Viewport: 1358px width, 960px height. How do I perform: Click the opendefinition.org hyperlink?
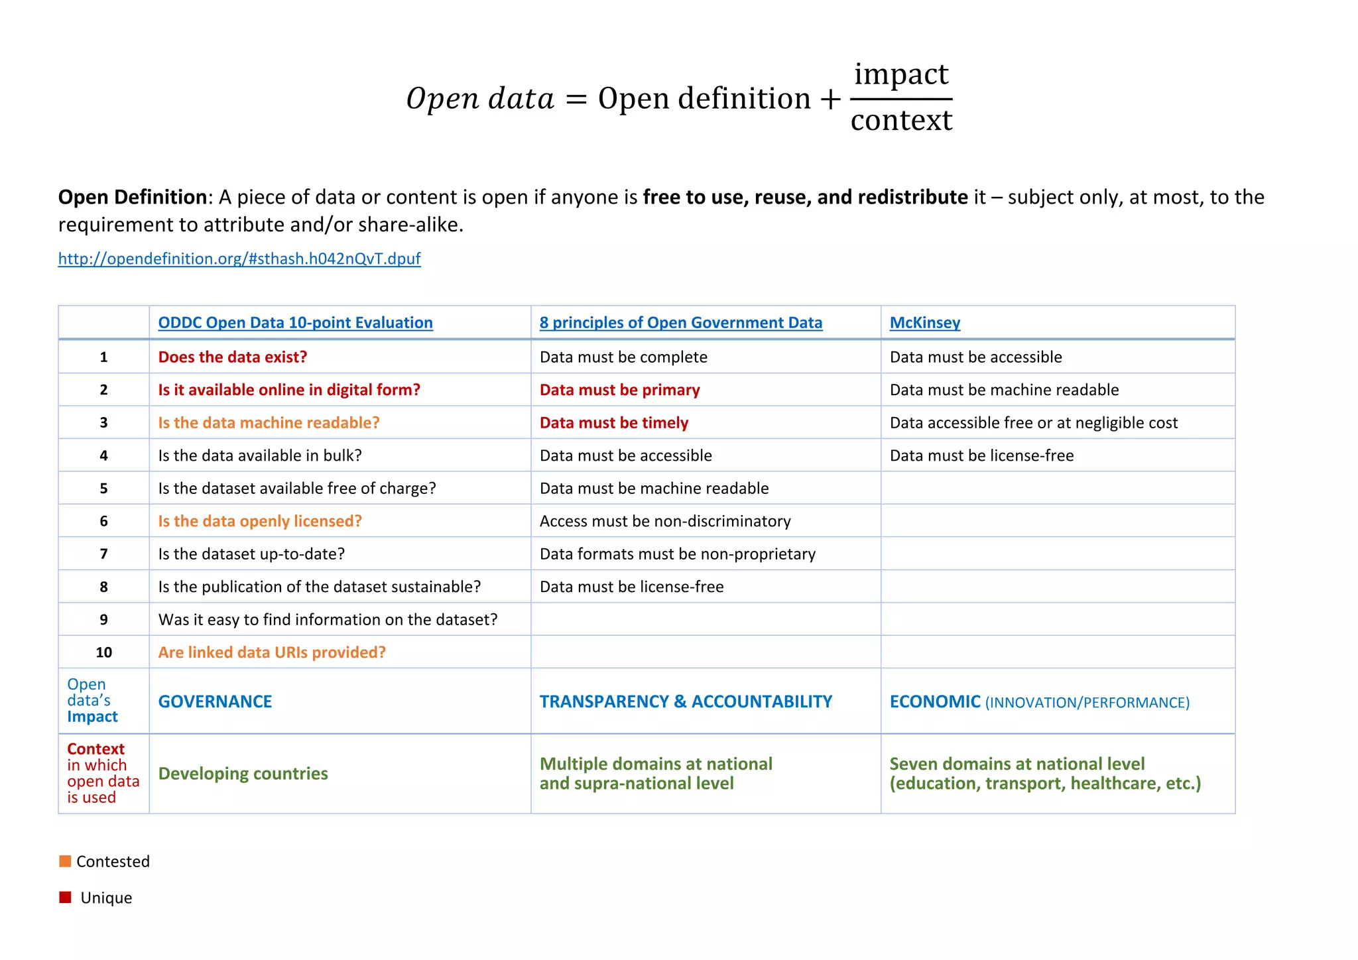pyautogui.click(x=239, y=259)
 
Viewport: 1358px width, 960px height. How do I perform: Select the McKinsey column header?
pyautogui.click(x=924, y=323)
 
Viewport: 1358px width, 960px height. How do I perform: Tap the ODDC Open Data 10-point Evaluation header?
pyautogui.click(x=295, y=323)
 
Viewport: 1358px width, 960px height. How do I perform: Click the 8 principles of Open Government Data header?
pyautogui.click(x=680, y=323)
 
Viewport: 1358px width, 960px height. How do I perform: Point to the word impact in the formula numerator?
pyautogui.click(x=901, y=74)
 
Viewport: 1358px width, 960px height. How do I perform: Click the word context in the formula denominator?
pyautogui.click(x=901, y=121)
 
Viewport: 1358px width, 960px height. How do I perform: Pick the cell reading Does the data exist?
pyautogui.click(x=233, y=357)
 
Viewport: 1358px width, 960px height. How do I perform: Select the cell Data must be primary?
pyautogui.click(x=619, y=390)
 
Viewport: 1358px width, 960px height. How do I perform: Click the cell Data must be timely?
pyautogui.click(x=614, y=423)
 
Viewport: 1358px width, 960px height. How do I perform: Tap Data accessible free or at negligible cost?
pyautogui.click(x=1033, y=423)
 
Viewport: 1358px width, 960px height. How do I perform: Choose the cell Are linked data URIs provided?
pyautogui.click(x=272, y=652)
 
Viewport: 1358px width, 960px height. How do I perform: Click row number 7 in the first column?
pyautogui.click(x=103, y=554)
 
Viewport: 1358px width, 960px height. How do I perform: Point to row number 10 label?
pyautogui.click(x=103, y=652)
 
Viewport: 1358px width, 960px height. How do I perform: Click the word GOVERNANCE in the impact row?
pyautogui.click(x=215, y=701)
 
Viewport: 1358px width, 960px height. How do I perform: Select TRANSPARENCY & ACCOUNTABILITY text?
pyautogui.click(x=686, y=701)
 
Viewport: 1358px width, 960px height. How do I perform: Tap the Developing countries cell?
pyautogui.click(x=243, y=774)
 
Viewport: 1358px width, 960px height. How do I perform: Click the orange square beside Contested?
pyautogui.click(x=65, y=861)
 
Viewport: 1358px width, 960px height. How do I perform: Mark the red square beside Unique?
pyautogui.click(x=65, y=898)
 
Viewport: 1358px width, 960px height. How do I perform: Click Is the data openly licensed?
pyautogui.click(x=260, y=521)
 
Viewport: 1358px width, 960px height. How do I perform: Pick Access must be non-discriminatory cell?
pyautogui.click(x=665, y=521)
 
